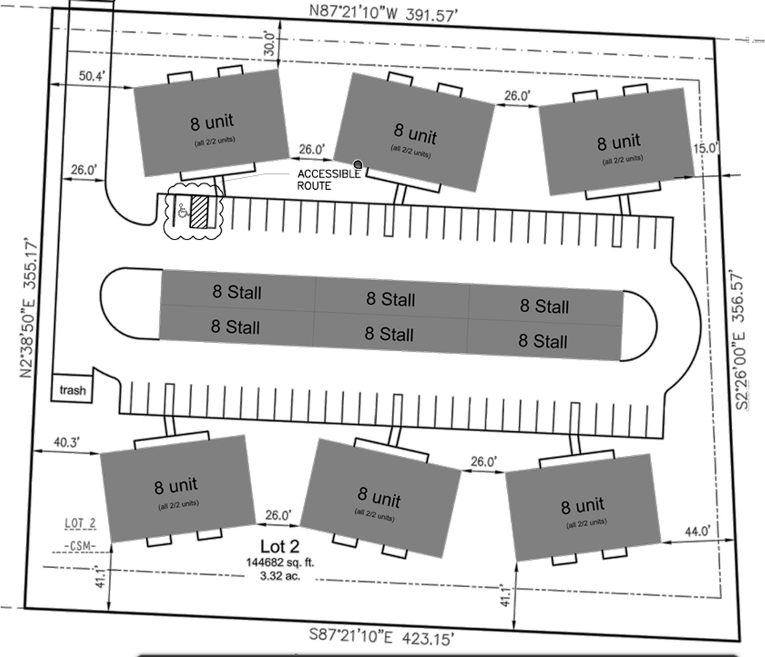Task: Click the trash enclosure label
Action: (73, 390)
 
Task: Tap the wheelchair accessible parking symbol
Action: (183, 211)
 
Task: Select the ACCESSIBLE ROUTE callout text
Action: (329, 179)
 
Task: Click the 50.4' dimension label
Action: (92, 76)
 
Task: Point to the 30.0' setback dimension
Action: (270, 43)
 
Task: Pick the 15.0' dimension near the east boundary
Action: (705, 148)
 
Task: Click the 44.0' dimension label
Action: (698, 531)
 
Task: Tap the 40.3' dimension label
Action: (66, 442)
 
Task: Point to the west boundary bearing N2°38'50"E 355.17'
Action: (29, 308)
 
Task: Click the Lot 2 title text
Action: (280, 546)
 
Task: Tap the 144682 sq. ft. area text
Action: (280, 563)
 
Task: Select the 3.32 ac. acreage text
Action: (280, 576)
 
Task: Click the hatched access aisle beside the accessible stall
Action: (198, 211)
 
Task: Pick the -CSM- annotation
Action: (80, 545)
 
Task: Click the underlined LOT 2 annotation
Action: (81, 524)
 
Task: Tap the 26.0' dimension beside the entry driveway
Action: (84, 170)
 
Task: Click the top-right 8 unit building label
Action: (619, 142)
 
